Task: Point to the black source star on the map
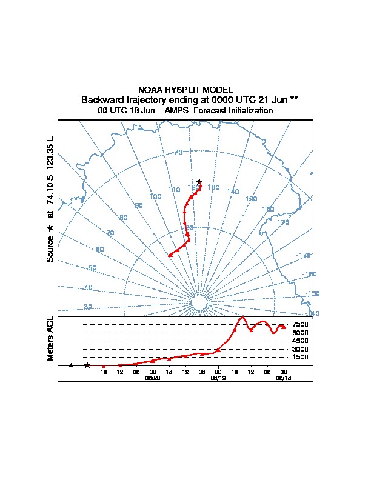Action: pos(199,182)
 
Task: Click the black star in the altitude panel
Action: pos(87,365)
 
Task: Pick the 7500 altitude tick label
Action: pos(301,325)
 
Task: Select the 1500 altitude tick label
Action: pos(301,358)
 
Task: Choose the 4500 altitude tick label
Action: pos(301,341)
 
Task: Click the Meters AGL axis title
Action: pos(50,338)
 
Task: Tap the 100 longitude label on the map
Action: pos(155,196)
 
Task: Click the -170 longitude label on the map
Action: pos(305,255)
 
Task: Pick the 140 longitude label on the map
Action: pos(233,192)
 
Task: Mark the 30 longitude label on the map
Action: pos(88,307)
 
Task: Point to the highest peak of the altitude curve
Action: pos(242,317)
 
